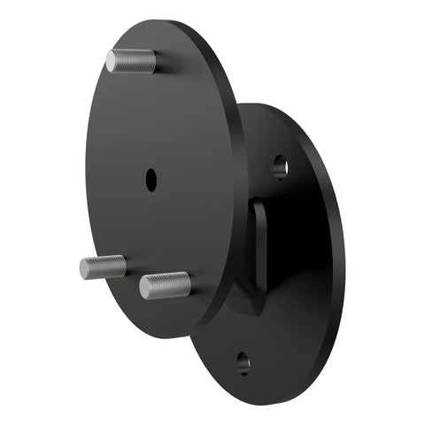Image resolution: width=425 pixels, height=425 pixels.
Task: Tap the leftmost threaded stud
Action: [103, 267]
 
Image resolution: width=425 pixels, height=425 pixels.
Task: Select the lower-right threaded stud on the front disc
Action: [165, 285]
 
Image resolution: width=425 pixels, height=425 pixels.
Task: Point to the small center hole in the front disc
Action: [151, 178]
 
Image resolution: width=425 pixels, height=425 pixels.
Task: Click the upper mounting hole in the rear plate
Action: [280, 165]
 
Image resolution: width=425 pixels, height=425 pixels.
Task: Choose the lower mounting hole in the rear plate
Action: [243, 363]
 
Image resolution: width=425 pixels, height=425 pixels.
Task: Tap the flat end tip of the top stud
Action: [112, 61]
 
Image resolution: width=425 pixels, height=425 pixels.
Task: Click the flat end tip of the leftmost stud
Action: [84, 268]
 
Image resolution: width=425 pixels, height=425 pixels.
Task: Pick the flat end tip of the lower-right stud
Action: [144, 287]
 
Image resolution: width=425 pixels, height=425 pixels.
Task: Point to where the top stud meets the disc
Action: [153, 61]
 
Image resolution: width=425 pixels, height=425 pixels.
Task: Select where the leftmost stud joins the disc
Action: [123, 264]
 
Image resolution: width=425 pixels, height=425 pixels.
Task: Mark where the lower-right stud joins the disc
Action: [188, 283]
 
